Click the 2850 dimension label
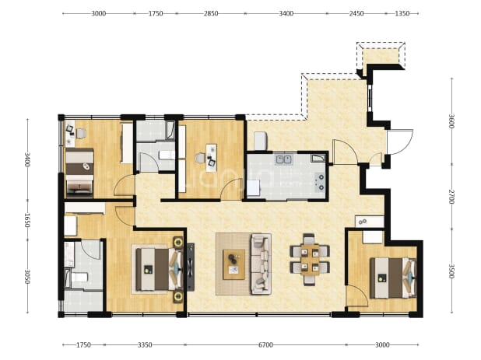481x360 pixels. [x=211, y=13]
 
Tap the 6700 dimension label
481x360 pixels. [x=265, y=345]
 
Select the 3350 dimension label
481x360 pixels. [x=145, y=345]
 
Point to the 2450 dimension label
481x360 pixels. [x=356, y=13]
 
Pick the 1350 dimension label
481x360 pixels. [x=402, y=13]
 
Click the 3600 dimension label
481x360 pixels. [x=451, y=121]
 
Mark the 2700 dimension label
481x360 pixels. [x=451, y=197]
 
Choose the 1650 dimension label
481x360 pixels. [x=27, y=220]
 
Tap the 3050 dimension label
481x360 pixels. [x=27, y=277]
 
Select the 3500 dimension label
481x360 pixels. [x=451, y=271]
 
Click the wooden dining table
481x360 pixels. [x=310, y=260]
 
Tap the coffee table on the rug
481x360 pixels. [x=233, y=264]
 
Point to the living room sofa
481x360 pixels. [x=261, y=264]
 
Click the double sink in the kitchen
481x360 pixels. [x=284, y=159]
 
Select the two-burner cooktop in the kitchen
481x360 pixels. [x=320, y=182]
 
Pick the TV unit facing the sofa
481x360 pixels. [x=191, y=267]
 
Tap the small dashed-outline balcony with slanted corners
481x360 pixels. [x=381, y=55]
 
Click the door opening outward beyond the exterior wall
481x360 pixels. [x=400, y=142]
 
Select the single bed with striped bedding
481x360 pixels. [x=79, y=173]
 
